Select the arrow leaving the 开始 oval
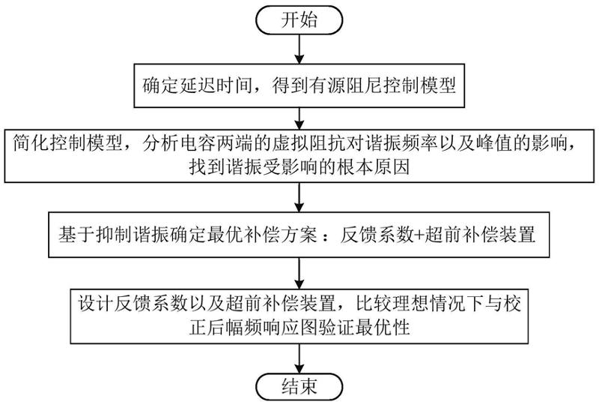point(299,49)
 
